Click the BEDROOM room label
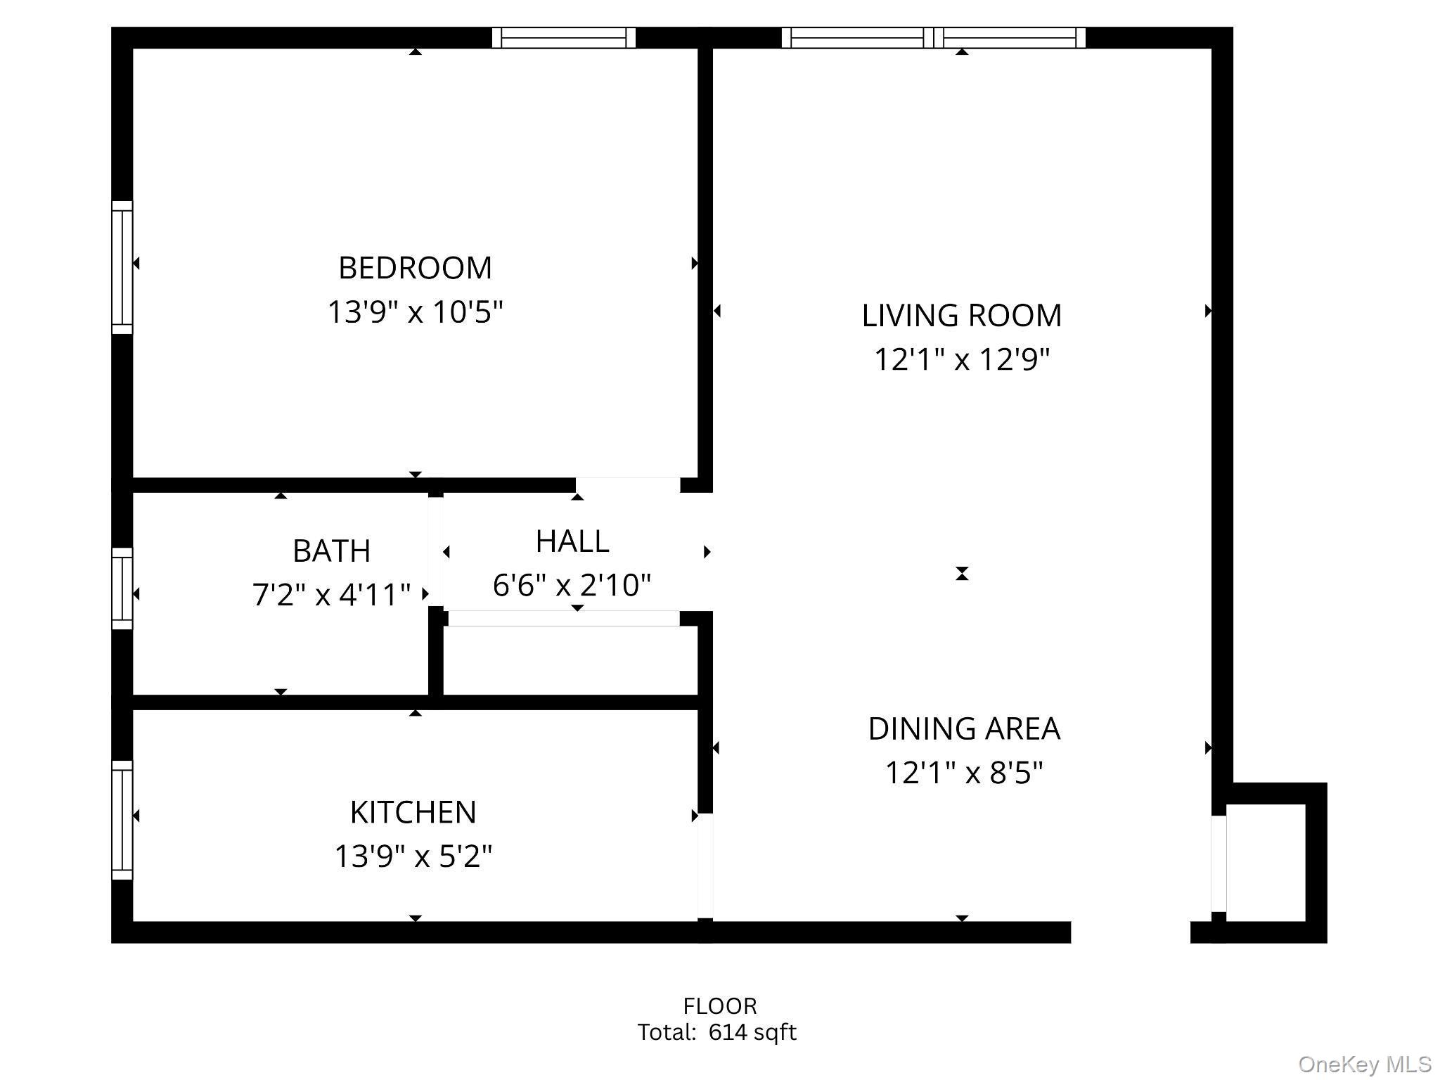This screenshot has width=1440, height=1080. tap(415, 268)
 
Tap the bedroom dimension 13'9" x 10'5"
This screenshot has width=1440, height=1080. tap(415, 311)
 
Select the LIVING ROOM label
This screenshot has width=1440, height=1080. tap(961, 316)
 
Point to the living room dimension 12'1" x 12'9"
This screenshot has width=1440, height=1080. tap(961, 359)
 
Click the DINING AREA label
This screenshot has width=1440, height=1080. tap(963, 729)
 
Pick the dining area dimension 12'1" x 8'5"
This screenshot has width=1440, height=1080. tap(963, 773)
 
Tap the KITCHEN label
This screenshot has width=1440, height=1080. tap(413, 813)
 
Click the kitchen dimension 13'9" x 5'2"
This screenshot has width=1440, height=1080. tap(413, 856)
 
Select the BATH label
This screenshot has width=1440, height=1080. tap(331, 551)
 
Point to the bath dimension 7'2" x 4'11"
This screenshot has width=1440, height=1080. tap(331, 595)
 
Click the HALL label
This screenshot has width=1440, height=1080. tap(572, 541)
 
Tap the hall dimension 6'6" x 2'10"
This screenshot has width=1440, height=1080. tap(572, 585)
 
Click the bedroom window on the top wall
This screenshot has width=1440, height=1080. tap(563, 37)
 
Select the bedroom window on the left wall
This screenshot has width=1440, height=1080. tap(122, 267)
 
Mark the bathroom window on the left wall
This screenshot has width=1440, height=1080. tap(122, 589)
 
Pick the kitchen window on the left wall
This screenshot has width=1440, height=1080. tap(122, 820)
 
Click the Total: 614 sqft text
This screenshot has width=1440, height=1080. tap(716, 1032)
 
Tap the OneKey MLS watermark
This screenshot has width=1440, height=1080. tap(1364, 1065)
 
